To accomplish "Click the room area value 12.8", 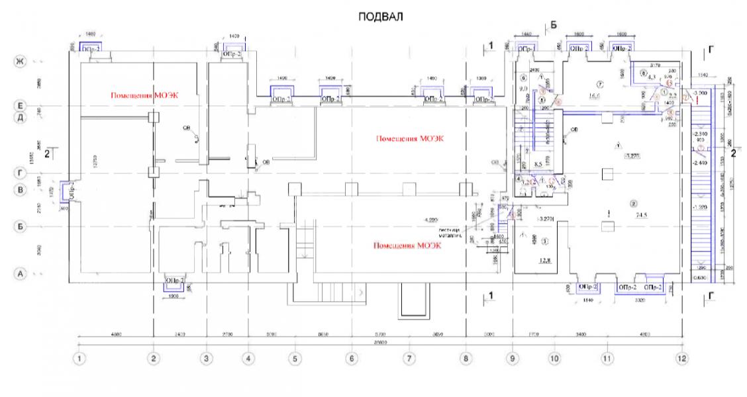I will [545, 260].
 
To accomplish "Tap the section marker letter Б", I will [554, 25].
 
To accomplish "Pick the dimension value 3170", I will [656, 65].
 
